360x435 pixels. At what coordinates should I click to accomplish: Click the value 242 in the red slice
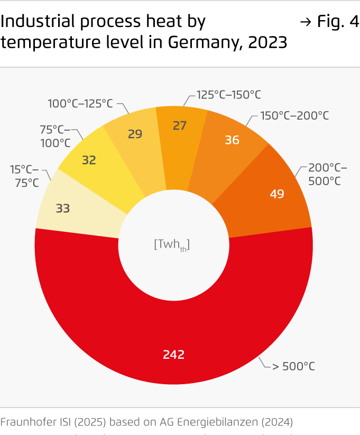pos(173,355)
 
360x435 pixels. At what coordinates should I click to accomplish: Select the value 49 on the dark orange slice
pos(277,194)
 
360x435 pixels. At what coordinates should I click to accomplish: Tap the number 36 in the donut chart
pos(232,140)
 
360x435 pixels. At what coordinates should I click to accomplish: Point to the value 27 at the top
pos(180,125)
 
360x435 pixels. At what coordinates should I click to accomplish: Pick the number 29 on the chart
pos(135,134)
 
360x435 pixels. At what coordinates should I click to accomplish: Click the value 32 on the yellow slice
pos(89,159)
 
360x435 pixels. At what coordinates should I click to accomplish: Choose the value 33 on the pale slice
pos(63,208)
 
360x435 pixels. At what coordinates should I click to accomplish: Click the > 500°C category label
pos(293,366)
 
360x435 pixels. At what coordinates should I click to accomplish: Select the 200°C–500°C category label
pos(327,174)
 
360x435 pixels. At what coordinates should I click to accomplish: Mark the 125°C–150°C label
pos(229,95)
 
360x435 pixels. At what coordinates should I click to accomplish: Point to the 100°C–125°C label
pos(80,104)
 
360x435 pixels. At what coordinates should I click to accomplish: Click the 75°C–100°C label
pos(56,135)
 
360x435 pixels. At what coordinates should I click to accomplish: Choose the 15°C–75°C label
pos(25,176)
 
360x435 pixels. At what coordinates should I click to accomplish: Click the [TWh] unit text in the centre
pos(172,244)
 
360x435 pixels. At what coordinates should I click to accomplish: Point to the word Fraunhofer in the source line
pos(25,422)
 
